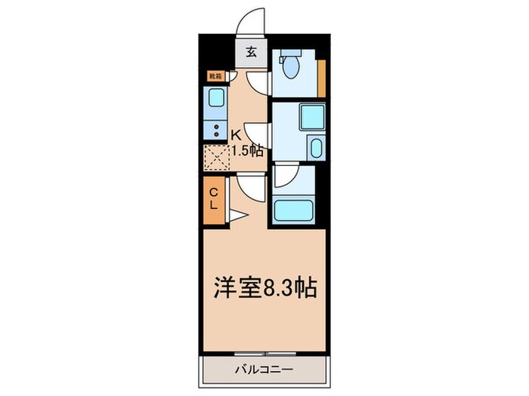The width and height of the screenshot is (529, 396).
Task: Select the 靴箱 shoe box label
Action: tap(215, 76)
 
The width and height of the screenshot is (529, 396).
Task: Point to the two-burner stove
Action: tap(215, 129)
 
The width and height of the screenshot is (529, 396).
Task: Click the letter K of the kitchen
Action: tap(236, 135)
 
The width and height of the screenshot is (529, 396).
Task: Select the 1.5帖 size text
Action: tap(247, 150)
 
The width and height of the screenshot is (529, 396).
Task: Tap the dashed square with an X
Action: tap(215, 157)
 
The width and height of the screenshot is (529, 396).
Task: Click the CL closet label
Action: tap(214, 198)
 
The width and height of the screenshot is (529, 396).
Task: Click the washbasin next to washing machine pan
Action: tap(316, 148)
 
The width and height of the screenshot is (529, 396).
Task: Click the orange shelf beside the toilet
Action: tap(321, 76)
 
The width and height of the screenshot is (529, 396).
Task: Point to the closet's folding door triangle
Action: tap(236, 216)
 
